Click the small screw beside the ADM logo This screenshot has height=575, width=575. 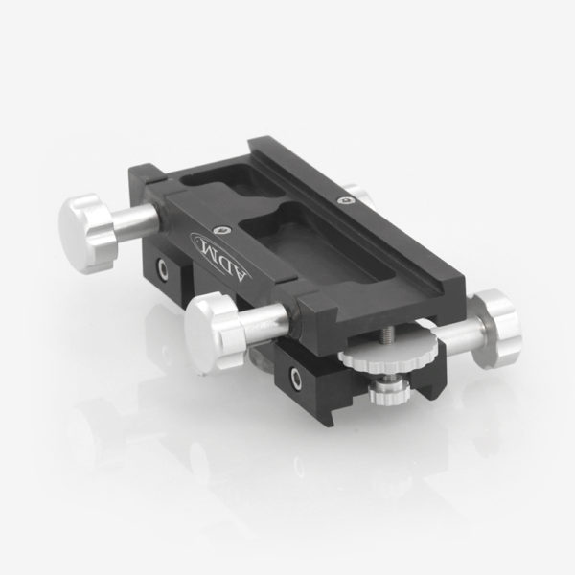click(x=221, y=229)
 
